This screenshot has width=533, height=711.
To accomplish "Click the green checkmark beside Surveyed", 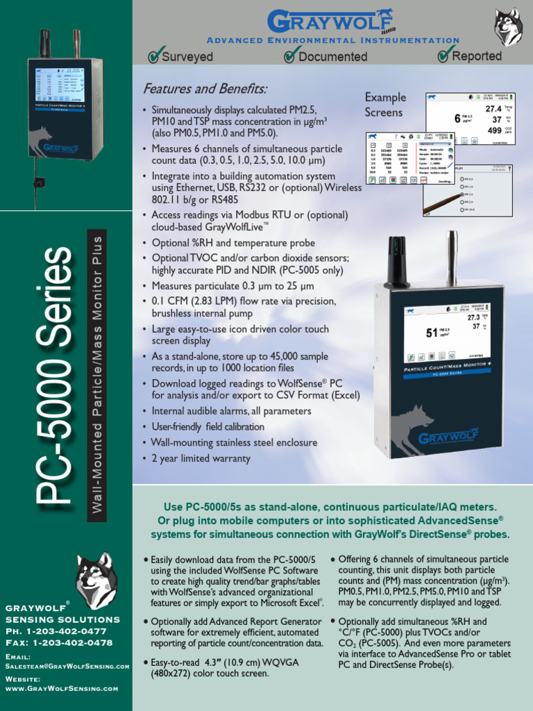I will pyautogui.click(x=154, y=56).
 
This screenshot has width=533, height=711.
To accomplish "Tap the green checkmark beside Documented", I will pyautogui.click(x=290, y=56).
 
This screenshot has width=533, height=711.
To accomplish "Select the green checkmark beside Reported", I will pyautogui.click(x=444, y=54).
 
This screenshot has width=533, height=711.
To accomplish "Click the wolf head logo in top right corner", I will pyautogui.click(x=508, y=27).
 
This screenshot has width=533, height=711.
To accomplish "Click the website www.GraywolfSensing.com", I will pyautogui.click(x=62, y=688).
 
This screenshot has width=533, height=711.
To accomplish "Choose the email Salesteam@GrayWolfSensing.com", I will pyautogui.click(x=67, y=666).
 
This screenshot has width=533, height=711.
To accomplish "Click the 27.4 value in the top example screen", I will pyautogui.click(x=493, y=109).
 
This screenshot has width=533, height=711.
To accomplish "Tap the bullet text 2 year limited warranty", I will pyautogui.click(x=201, y=458).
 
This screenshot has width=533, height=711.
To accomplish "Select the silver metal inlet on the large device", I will pyautogui.click(x=452, y=258).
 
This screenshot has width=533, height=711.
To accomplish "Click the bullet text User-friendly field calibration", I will pyautogui.click(x=208, y=426).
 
